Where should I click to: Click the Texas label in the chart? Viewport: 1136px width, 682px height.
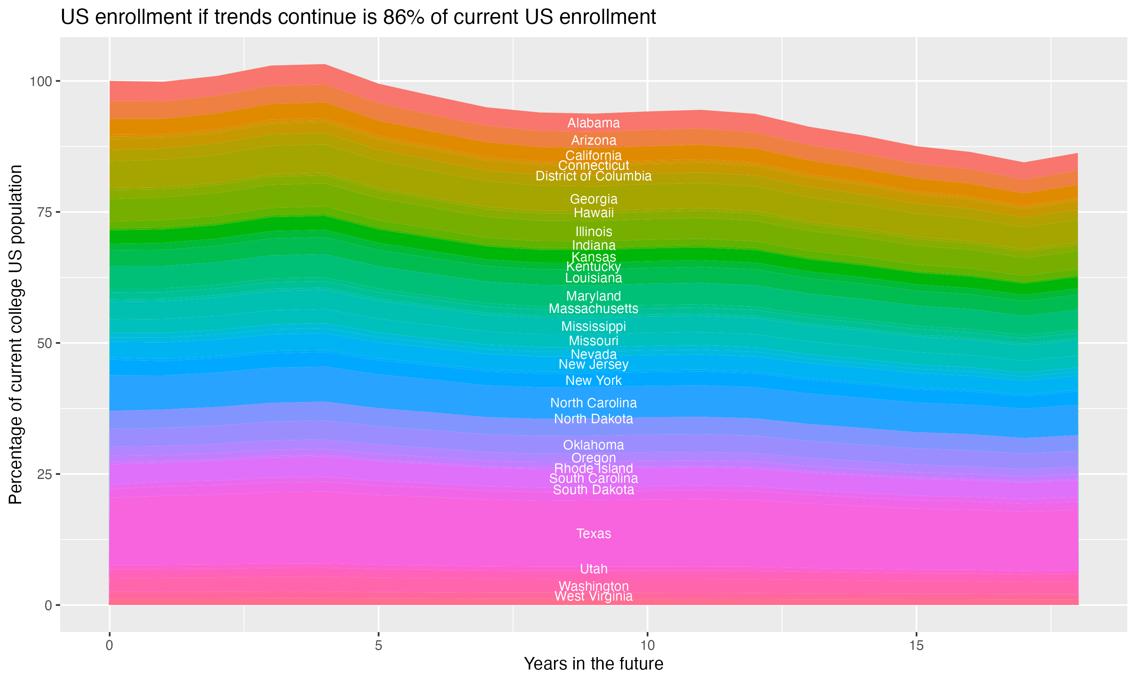click(593, 533)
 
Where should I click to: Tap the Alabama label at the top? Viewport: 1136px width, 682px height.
click(593, 123)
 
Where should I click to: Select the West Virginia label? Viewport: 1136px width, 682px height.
click(593, 596)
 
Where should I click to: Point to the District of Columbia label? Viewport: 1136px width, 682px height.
click(593, 176)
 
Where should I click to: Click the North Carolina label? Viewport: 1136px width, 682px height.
click(593, 403)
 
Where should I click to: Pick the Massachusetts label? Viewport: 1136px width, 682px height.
click(593, 308)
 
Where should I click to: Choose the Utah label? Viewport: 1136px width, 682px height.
click(593, 569)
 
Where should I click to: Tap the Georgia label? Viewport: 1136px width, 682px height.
click(593, 199)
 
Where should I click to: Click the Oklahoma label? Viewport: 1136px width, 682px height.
click(593, 445)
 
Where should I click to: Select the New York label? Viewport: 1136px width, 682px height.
click(593, 380)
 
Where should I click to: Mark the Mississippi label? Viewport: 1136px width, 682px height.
click(593, 326)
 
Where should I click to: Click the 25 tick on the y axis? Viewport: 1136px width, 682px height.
click(45, 474)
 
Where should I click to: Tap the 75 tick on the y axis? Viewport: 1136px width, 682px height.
click(45, 212)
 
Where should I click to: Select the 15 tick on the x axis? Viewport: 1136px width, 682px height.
click(916, 646)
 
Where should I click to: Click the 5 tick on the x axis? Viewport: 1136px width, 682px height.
click(378, 646)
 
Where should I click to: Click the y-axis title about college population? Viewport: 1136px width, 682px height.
click(16, 334)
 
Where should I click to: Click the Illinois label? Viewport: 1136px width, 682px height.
click(593, 232)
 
